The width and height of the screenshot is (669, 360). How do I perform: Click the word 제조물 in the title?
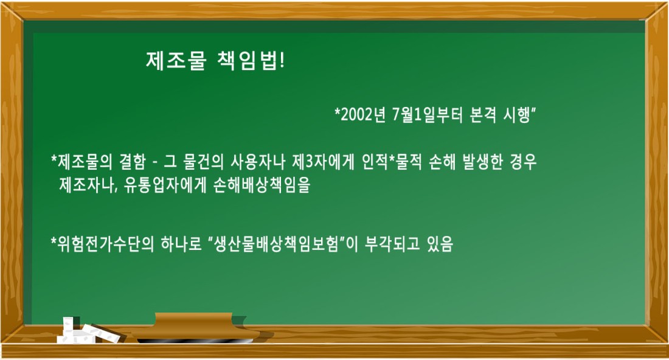(x=176, y=61)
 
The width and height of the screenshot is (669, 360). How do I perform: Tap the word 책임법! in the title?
(x=251, y=61)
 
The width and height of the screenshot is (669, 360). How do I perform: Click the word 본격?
(x=482, y=115)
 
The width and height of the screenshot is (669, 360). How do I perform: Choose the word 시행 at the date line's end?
(x=517, y=115)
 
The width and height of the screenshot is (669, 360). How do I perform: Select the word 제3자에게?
(x=323, y=162)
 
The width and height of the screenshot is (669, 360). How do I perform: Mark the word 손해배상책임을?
(x=262, y=185)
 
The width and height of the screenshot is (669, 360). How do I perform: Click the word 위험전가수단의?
(x=105, y=244)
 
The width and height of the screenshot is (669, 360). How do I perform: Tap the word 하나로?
(x=181, y=244)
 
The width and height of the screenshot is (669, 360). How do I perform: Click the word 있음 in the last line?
(x=440, y=244)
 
